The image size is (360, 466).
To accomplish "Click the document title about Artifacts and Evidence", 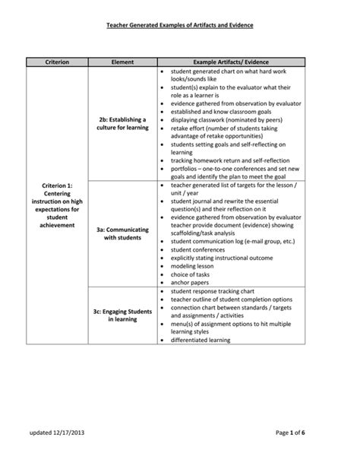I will (x=179, y=26).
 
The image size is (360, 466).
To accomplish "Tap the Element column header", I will (x=122, y=60).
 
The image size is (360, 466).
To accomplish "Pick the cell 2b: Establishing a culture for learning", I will (x=122, y=123).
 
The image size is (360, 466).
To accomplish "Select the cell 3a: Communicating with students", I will (x=122, y=233).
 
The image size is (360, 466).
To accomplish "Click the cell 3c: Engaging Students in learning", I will (x=122, y=315).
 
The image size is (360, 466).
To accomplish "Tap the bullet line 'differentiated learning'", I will (x=204, y=341).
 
